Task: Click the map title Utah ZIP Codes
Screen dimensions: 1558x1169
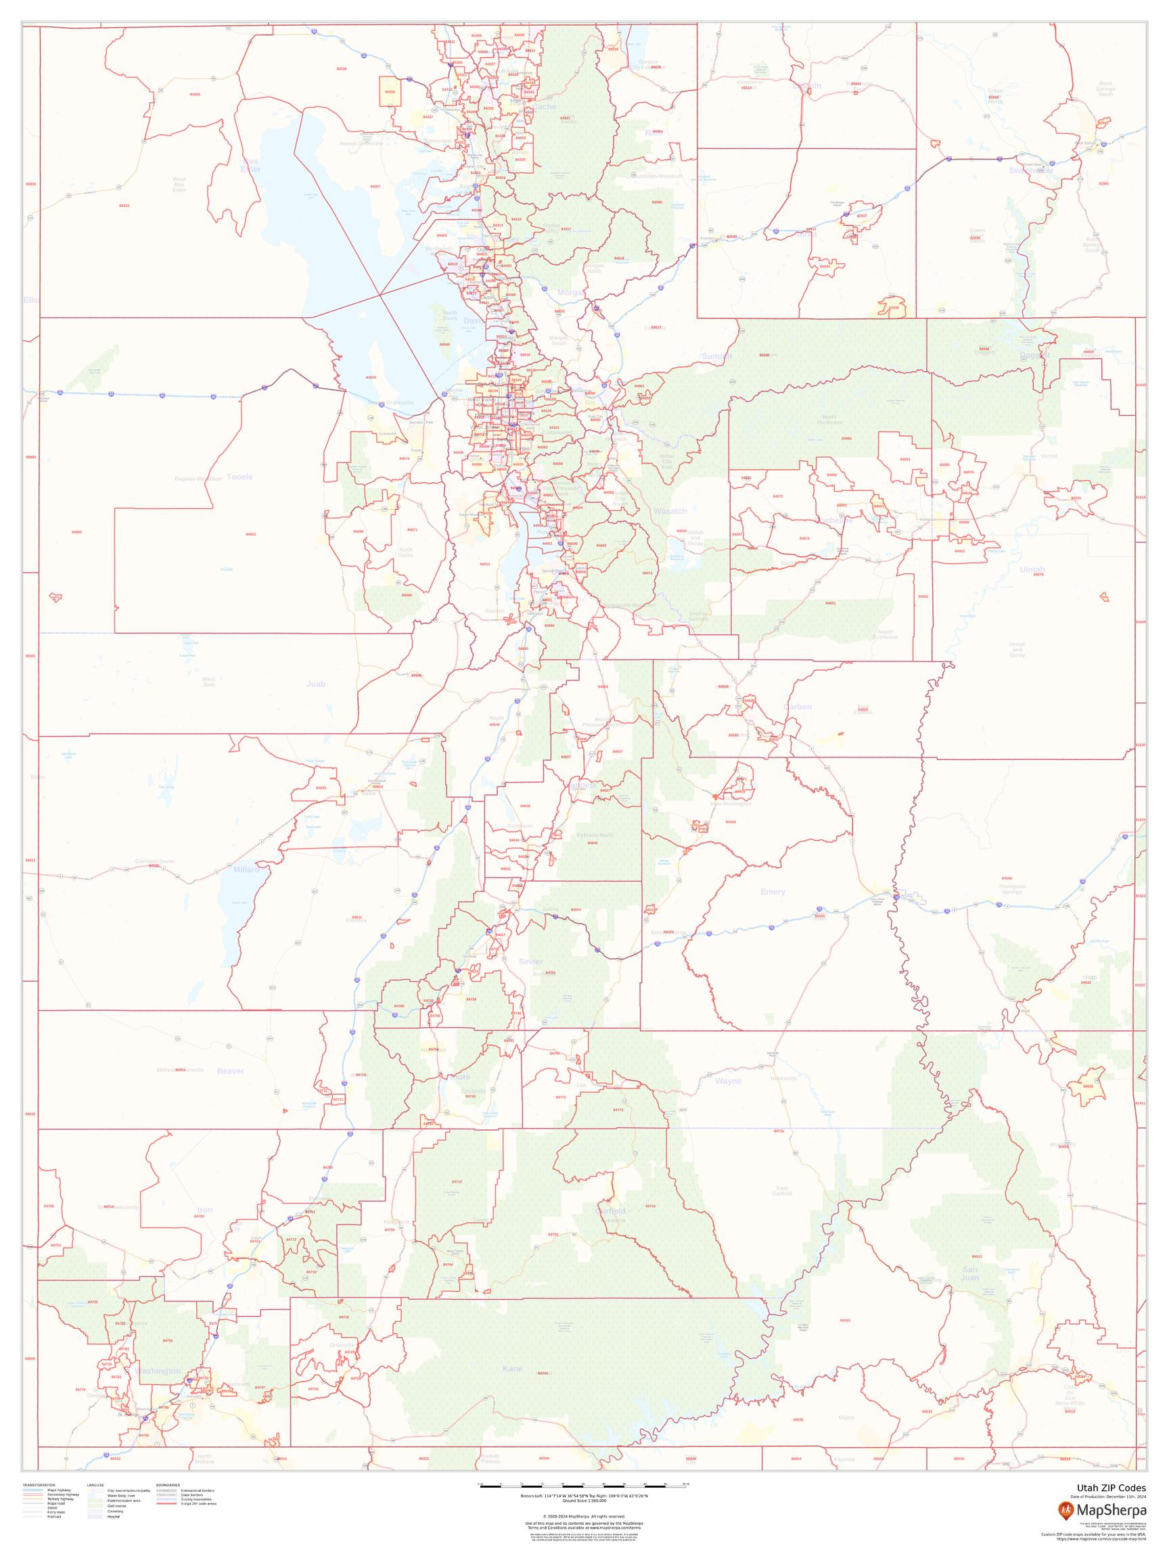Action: (x=1111, y=1488)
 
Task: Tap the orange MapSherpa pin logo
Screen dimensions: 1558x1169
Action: (x=1066, y=1510)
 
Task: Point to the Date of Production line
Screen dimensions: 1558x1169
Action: (x=1107, y=1496)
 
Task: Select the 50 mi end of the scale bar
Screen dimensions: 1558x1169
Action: (x=685, y=1484)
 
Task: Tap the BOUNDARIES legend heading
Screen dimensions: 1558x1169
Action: (x=168, y=1485)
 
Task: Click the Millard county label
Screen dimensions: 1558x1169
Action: (x=246, y=870)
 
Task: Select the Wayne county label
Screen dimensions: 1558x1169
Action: (x=728, y=1081)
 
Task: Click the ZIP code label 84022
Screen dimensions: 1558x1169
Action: (x=251, y=534)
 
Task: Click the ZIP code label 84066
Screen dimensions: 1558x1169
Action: (x=846, y=438)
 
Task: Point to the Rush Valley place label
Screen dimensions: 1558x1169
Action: (x=405, y=552)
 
